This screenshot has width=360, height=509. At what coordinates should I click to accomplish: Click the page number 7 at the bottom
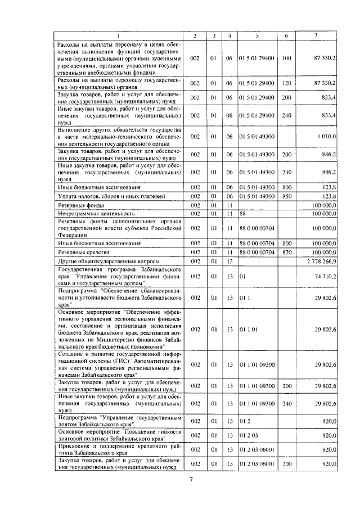click(x=191, y=479)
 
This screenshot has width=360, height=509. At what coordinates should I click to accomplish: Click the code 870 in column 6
click(x=286, y=253)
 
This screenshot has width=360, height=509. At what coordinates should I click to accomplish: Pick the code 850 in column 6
click(x=286, y=196)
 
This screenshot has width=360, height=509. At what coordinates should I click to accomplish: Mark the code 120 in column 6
click(x=286, y=83)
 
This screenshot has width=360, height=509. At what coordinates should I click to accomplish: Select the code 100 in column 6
click(x=286, y=58)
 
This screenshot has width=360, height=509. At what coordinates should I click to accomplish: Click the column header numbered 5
click(x=256, y=36)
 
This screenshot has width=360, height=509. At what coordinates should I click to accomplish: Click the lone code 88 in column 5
click(x=242, y=214)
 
